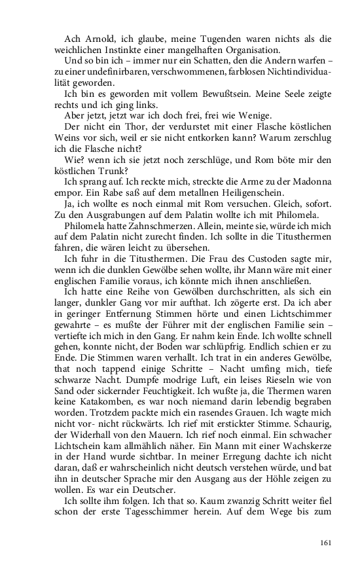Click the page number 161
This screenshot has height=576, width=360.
coord(326,542)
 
